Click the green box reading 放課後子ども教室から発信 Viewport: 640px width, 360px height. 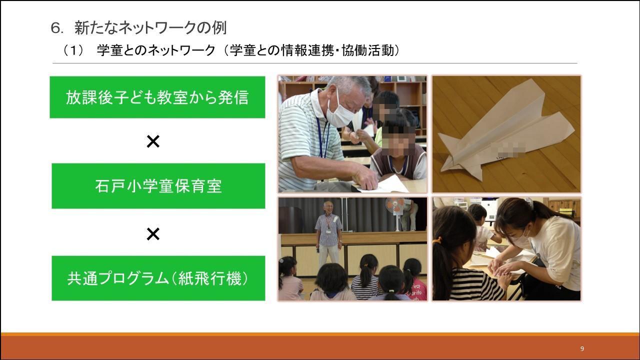[x=157, y=97]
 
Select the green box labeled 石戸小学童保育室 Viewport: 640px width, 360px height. [x=158, y=186]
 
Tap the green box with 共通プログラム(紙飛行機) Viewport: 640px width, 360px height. [x=158, y=278]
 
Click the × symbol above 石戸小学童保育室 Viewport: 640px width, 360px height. [x=153, y=141]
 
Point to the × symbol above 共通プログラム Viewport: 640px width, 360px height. [x=153, y=234]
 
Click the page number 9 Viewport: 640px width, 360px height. [x=582, y=349]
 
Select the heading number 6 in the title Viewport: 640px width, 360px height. [x=55, y=28]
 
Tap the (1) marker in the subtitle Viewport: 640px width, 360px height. [x=73, y=51]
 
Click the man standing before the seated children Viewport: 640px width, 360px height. [x=328, y=233]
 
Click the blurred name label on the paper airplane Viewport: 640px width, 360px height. [x=508, y=149]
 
